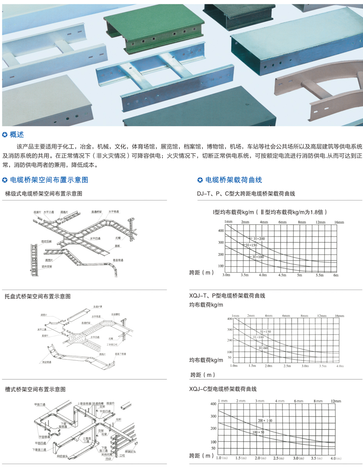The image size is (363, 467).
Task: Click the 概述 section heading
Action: coord(17,135)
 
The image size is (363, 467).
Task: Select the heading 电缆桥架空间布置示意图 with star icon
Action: coord(49,180)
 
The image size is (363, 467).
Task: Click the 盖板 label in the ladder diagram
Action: coord(117,246)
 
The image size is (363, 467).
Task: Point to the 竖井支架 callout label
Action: coord(47,266)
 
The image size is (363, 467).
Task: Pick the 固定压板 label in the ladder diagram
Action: coord(47,241)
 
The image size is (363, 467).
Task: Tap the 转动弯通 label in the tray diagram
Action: coord(47,362)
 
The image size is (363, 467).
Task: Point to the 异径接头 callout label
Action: coord(62,456)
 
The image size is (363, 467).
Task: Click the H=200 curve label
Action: coord(258,238)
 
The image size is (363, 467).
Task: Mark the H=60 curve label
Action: coord(263,347)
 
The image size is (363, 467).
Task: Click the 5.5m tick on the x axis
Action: coord(320,275)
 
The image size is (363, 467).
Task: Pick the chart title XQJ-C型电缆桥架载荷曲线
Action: coord(222,389)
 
